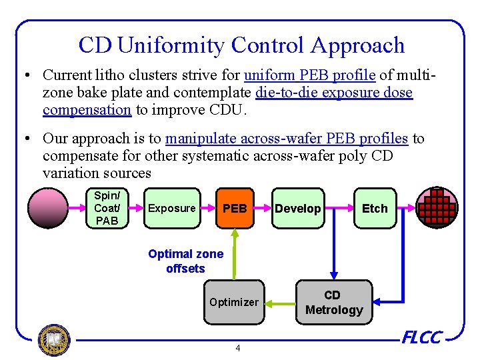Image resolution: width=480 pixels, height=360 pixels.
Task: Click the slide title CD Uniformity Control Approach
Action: (x=241, y=45)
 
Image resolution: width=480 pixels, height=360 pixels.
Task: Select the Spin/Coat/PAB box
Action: (x=106, y=208)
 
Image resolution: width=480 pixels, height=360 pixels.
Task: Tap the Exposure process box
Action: (x=172, y=208)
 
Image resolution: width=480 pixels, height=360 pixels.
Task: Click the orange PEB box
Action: (x=235, y=208)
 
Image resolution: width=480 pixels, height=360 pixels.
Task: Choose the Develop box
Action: (x=298, y=208)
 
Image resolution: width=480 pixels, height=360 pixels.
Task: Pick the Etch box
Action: (x=374, y=208)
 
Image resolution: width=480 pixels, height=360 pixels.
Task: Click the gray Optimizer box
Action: (x=233, y=302)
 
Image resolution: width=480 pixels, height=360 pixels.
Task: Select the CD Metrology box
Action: (x=333, y=302)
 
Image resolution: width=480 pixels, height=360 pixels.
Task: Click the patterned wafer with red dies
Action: (x=437, y=207)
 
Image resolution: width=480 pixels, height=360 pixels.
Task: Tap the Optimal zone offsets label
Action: (x=185, y=261)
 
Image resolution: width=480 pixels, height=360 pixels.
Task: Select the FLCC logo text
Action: (x=421, y=338)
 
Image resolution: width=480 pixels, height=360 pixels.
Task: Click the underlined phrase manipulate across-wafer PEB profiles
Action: (x=286, y=138)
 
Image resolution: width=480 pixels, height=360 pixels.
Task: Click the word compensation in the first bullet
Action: (x=87, y=109)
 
